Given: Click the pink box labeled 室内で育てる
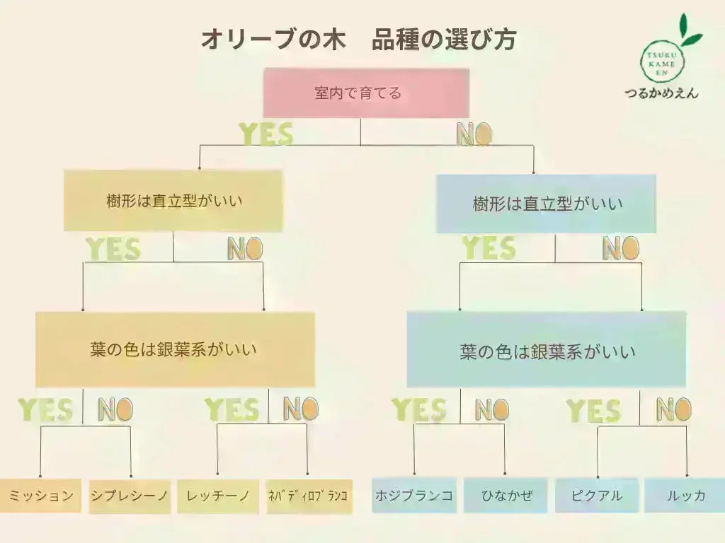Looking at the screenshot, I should [x=366, y=93].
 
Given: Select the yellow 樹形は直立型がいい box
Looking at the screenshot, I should [x=173, y=201].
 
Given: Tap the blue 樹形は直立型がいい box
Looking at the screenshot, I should [x=546, y=204].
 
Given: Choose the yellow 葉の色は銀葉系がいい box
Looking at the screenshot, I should [x=175, y=349].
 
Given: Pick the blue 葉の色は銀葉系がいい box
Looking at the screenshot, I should [x=547, y=351].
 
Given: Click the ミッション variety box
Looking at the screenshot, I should [x=40, y=496].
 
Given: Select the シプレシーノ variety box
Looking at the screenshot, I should [x=130, y=496].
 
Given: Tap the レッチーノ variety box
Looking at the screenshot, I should [x=218, y=496].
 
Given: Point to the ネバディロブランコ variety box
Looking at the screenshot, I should [x=308, y=496].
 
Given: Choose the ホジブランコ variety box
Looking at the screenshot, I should [x=413, y=496].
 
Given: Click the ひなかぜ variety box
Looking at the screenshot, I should [x=506, y=496].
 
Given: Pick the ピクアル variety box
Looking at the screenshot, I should [x=597, y=496].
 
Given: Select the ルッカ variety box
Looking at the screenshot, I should [x=685, y=496].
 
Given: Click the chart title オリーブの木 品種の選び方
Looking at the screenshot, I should [x=358, y=40].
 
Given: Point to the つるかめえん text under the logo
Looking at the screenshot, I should [x=661, y=93].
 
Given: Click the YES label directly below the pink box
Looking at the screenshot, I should [x=266, y=134].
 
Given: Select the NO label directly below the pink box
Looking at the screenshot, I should [x=474, y=134].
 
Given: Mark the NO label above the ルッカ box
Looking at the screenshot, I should [x=673, y=409].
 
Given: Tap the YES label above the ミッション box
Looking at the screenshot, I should [x=45, y=409].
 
